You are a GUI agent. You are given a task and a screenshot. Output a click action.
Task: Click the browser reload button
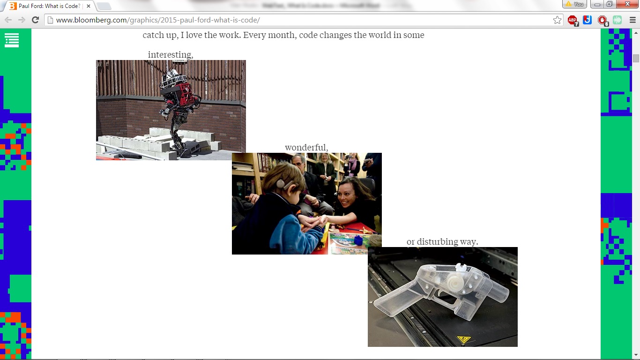[35, 20]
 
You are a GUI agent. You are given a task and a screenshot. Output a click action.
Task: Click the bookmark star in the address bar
[557, 20]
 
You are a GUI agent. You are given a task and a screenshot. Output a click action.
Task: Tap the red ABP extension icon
[573, 20]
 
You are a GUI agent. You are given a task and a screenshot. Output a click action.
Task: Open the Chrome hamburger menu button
[633, 20]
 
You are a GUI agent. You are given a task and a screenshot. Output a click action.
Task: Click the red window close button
[629, 4]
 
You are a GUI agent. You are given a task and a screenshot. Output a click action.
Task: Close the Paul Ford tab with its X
[89, 6]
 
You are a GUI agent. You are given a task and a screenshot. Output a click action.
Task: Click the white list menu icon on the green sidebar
[12, 40]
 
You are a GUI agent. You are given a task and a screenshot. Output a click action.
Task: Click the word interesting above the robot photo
[170, 55]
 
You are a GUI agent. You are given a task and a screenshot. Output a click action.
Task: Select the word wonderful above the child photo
[306, 148]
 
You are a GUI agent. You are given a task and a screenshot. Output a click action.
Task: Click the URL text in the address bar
[157, 20]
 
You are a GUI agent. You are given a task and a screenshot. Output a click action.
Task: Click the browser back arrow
[8, 20]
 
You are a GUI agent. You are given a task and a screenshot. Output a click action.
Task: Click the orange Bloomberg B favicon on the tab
[13, 6]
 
